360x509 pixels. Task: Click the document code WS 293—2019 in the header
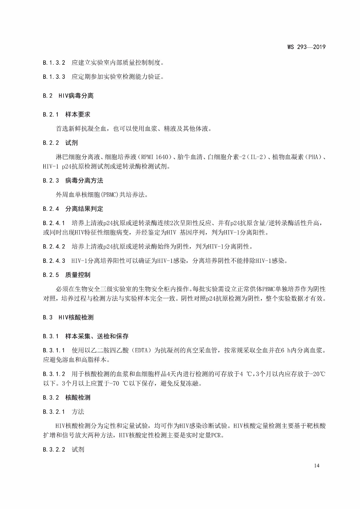pyautogui.click(x=306, y=47)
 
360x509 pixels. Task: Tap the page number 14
pyautogui.click(x=317, y=465)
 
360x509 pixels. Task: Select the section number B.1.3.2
pyautogui.click(x=54, y=63)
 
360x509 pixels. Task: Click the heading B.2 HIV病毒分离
pyautogui.click(x=68, y=96)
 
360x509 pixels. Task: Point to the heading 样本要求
pyautogui.click(x=78, y=115)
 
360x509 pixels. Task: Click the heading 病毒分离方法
pyautogui.click(x=84, y=180)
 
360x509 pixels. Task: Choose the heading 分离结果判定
pyautogui.click(x=84, y=209)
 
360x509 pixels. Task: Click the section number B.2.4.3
pyautogui.click(x=54, y=261)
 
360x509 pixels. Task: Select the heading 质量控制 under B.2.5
pyautogui.click(x=78, y=275)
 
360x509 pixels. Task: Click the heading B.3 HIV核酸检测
pyautogui.click(x=68, y=317)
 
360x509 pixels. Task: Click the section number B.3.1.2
pyautogui.click(x=54, y=374)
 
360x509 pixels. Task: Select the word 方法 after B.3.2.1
pyautogui.click(x=78, y=412)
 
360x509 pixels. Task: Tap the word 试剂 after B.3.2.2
pyautogui.click(x=78, y=450)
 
